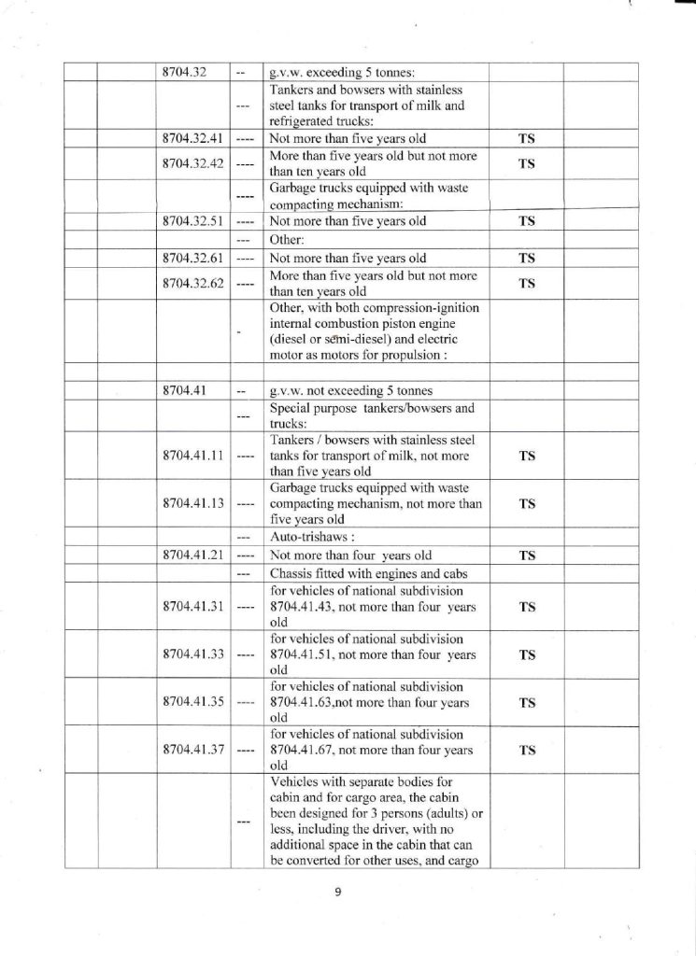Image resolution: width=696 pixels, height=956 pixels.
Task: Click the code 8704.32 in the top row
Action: [x=183, y=73]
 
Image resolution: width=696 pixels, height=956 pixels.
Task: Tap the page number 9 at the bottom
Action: [x=338, y=892]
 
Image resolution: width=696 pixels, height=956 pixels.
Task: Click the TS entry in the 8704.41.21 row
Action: [x=526, y=555]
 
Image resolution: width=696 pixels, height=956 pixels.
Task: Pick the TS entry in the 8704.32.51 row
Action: [x=526, y=222]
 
